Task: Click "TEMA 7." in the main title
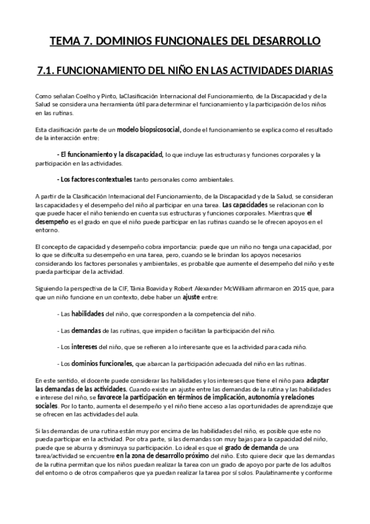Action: point(69,42)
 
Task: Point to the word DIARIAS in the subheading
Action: point(311,71)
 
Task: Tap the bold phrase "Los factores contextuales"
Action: point(95,180)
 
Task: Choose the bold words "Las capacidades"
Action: point(245,205)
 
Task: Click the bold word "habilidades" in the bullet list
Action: point(88,314)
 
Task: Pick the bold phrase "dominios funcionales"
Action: point(101,363)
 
